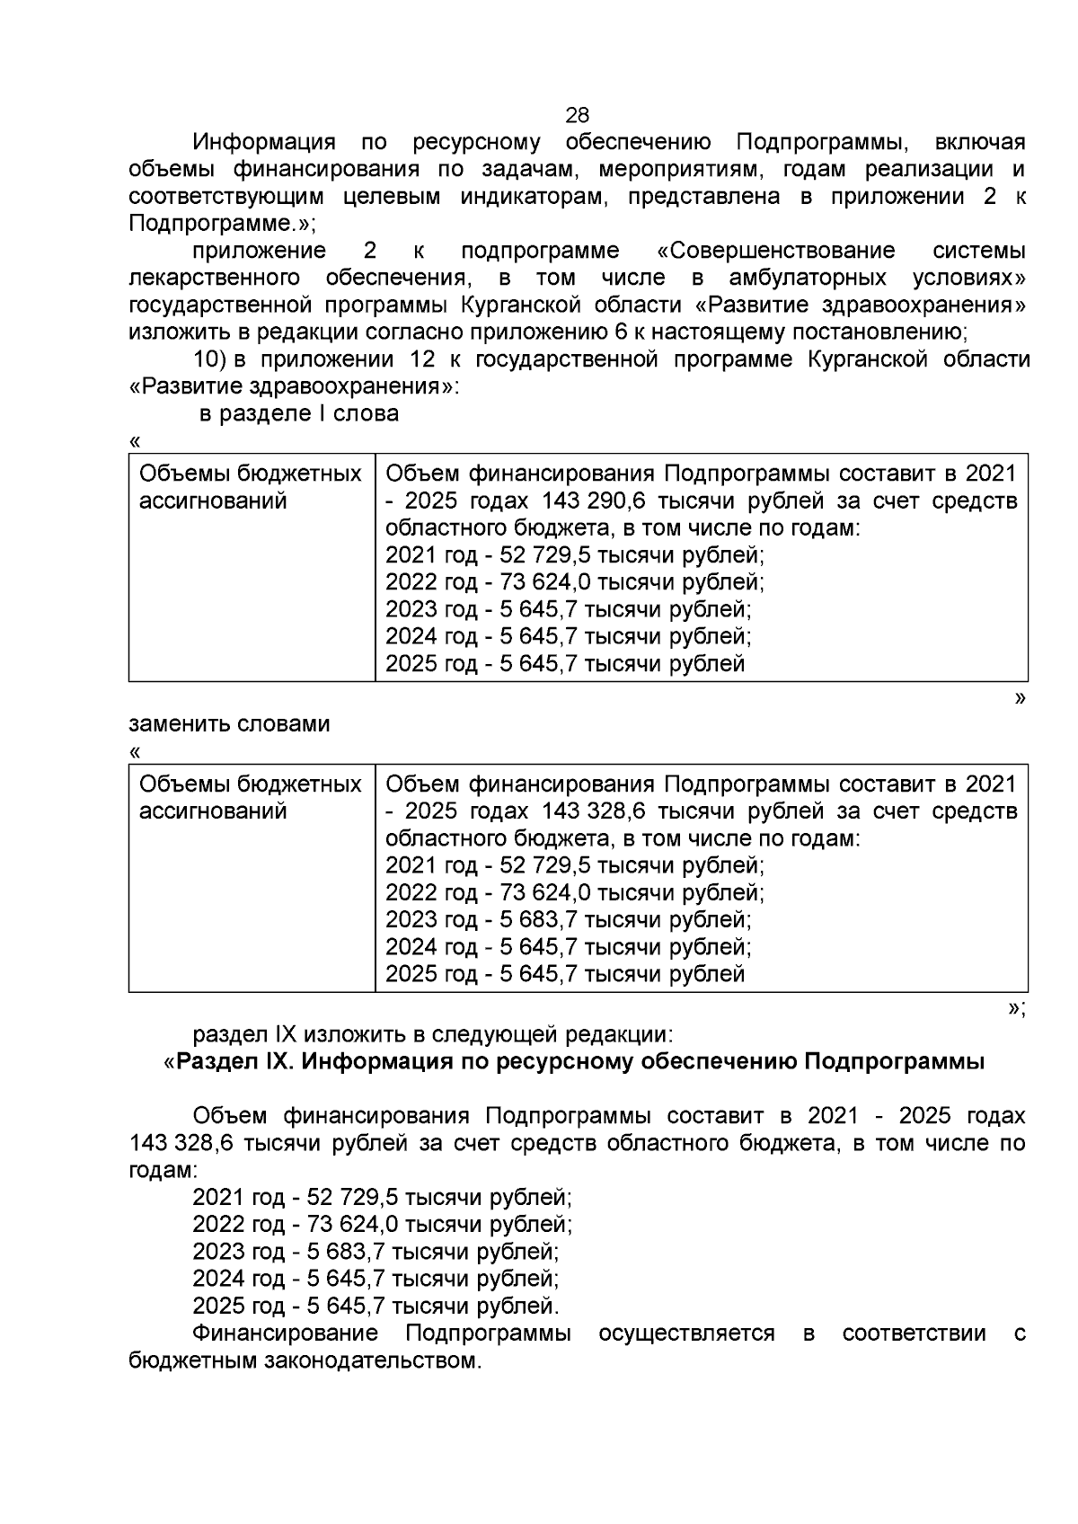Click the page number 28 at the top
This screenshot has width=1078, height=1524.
tap(578, 115)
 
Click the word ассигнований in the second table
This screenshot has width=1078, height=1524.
tap(213, 811)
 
